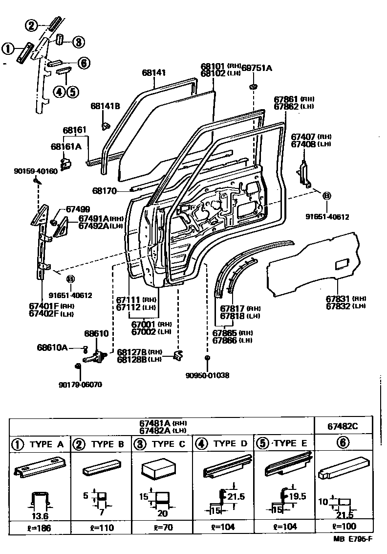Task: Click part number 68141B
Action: (105, 106)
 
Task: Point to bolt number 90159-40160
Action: (36, 171)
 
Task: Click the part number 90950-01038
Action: (207, 375)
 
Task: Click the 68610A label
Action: (52, 348)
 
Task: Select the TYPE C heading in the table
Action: (162, 444)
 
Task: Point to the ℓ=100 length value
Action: (344, 527)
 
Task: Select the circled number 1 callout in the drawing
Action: (8, 48)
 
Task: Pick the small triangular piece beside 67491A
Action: (63, 228)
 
